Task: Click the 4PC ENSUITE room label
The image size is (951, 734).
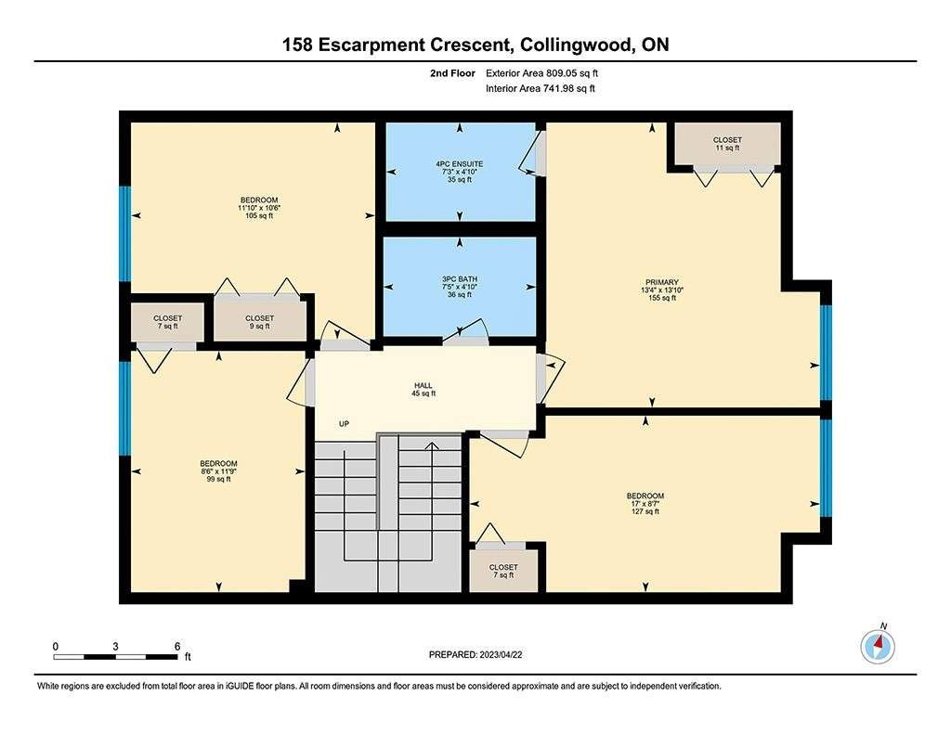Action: [x=459, y=163]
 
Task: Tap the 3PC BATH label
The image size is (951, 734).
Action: [x=459, y=278]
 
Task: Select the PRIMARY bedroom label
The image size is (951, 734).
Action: [x=661, y=282]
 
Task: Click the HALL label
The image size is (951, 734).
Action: [x=423, y=385]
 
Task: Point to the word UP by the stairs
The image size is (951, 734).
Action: [x=344, y=424]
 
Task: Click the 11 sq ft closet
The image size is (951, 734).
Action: [x=727, y=144]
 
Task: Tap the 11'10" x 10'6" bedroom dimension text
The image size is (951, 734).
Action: [x=259, y=208]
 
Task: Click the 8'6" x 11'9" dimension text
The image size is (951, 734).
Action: [x=218, y=471]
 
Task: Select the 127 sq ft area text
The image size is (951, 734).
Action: [x=645, y=511]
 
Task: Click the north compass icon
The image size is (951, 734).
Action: [x=878, y=646]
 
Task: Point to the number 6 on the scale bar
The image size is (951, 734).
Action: [x=177, y=646]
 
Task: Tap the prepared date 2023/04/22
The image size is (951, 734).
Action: [x=501, y=654]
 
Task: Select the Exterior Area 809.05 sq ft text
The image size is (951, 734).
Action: [x=541, y=73]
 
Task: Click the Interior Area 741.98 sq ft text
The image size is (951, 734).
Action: [x=540, y=88]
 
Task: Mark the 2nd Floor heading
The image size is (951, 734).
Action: [x=452, y=73]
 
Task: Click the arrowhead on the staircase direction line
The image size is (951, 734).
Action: [x=432, y=446]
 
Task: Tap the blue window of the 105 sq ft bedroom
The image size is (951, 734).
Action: [x=124, y=233]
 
